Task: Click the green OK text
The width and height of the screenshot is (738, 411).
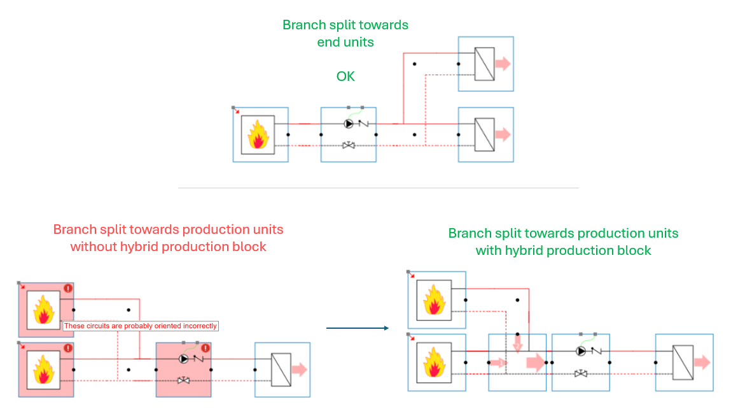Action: [345, 76]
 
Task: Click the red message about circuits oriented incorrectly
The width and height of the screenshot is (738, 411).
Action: [141, 326]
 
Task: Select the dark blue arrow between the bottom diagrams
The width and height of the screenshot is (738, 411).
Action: [357, 328]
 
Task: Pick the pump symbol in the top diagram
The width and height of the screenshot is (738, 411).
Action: [348, 124]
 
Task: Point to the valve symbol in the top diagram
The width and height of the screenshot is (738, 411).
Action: [349, 145]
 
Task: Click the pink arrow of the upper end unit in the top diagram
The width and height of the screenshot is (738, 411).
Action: [503, 64]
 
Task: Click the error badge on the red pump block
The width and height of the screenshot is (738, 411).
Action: [205, 349]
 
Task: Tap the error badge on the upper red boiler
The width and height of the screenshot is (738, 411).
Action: [68, 289]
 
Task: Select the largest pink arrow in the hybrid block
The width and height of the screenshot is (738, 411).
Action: [535, 363]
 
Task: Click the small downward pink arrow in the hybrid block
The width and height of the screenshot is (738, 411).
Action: [518, 345]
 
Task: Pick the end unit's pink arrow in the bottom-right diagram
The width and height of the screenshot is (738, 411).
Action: [701, 363]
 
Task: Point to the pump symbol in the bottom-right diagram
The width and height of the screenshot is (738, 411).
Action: [580, 351]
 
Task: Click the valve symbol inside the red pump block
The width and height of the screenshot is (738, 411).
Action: [183, 381]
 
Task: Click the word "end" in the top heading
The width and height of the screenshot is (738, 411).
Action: [329, 43]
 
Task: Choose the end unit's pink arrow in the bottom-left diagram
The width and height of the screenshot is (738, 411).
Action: [299, 370]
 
